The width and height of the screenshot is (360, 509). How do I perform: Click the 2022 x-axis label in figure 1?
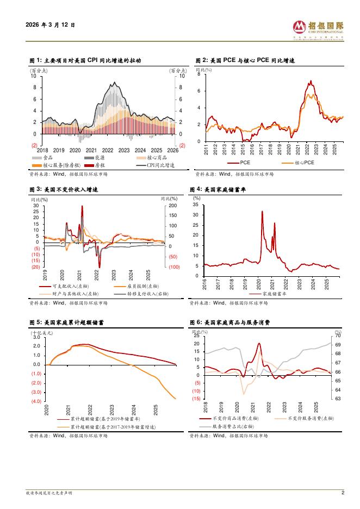coord(108,150)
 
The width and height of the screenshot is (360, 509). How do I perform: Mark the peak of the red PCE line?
coord(311,82)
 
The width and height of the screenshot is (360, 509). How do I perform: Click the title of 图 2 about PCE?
coord(245,61)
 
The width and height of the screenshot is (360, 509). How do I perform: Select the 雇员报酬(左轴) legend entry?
coord(133,287)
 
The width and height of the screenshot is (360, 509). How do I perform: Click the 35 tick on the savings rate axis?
coord(196,206)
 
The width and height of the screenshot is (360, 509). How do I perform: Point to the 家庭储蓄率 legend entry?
coord(272,293)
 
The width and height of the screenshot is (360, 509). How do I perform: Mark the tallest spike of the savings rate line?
coord(262,211)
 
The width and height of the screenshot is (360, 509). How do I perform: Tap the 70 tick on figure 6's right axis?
coord(338,336)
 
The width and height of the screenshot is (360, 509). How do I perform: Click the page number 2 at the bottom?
coord(343,493)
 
